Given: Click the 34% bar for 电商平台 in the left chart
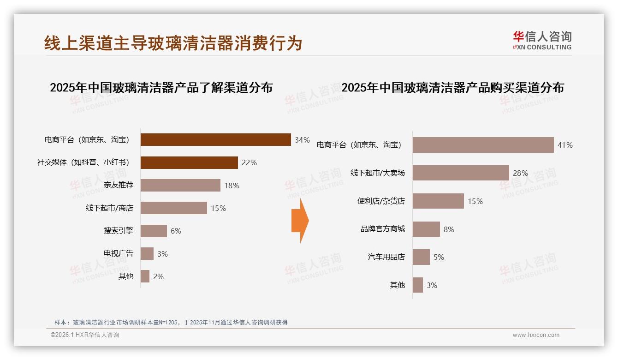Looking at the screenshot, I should [215, 140].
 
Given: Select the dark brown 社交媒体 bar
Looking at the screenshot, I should [189, 162].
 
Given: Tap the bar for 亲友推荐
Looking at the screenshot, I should [180, 186].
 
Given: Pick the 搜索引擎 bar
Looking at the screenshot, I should [154, 231].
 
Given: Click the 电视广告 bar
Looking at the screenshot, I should [147, 253].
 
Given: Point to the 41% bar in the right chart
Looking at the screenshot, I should [483, 145].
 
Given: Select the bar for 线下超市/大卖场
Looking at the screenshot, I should [461, 173].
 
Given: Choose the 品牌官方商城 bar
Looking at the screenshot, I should [426, 229].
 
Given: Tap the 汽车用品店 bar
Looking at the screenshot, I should [421, 257].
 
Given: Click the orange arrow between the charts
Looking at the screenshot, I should [300, 221].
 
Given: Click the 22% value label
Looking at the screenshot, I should [250, 162].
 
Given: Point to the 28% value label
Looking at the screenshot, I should [520, 174].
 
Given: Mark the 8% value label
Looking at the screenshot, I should [449, 229].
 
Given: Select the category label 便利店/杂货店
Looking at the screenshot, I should [381, 201].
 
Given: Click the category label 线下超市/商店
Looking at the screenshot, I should [109, 208].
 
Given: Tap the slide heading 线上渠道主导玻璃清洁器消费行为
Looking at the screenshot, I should [173, 43].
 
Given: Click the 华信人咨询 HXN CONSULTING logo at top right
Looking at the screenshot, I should [541, 40].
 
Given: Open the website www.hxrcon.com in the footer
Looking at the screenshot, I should [536, 335].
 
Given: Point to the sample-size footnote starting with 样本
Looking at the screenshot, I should [171, 322].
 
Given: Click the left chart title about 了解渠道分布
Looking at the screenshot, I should [161, 88].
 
